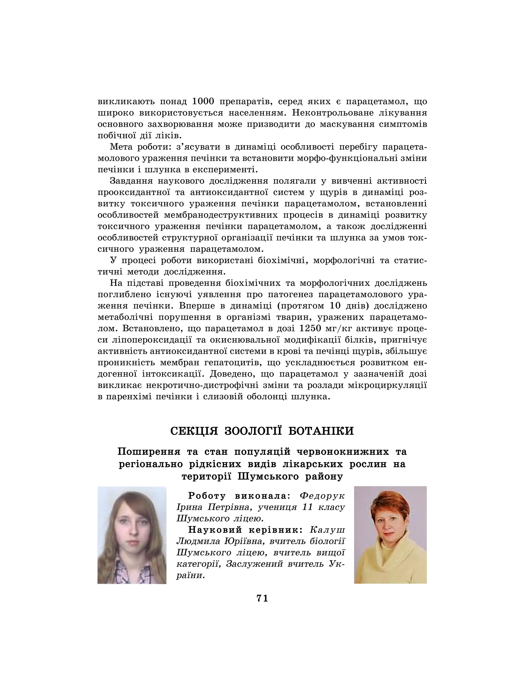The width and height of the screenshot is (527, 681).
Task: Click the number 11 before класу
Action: click(308, 507)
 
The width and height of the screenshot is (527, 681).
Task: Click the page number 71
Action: click(262, 598)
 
